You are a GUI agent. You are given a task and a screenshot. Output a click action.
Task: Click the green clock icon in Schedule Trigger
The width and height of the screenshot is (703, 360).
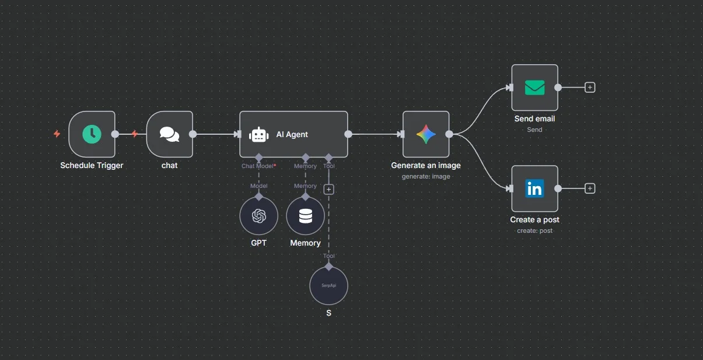tap(92, 134)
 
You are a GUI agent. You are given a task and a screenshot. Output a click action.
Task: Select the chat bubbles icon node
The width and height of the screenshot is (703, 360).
tap(169, 134)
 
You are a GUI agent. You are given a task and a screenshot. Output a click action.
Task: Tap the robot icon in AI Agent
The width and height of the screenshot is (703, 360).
tap(258, 135)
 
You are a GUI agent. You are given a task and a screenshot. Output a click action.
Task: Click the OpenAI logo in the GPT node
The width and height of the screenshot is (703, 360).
tap(258, 216)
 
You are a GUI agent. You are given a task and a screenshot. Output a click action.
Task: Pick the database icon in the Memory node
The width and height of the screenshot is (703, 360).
tap(305, 216)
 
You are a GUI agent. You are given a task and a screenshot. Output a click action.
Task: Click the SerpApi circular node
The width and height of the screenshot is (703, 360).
tap(328, 286)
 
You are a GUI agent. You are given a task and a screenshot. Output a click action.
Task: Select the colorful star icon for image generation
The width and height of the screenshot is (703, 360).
tap(426, 134)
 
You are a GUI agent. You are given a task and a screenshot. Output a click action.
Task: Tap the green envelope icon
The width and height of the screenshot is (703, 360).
tap(534, 88)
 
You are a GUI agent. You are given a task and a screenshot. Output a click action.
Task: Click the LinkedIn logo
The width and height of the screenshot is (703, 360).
tap(534, 188)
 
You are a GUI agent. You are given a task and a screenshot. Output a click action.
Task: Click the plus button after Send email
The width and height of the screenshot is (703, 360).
tap(590, 88)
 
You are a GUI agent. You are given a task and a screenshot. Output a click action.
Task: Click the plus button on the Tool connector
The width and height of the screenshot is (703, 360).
tap(328, 189)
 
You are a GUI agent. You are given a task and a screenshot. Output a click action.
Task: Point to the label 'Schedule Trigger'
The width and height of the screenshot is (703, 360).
tap(92, 166)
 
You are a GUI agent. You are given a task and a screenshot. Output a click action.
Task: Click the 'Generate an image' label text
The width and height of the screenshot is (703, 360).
tap(426, 166)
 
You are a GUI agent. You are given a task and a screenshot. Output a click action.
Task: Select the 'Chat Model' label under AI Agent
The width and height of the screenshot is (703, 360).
tap(257, 166)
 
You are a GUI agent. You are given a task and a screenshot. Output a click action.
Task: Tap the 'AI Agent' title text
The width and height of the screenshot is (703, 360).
tap(292, 135)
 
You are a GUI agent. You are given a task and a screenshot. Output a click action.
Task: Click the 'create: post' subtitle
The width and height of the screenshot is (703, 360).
tap(534, 231)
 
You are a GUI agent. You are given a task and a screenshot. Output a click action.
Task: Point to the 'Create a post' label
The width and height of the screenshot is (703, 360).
tap(534, 220)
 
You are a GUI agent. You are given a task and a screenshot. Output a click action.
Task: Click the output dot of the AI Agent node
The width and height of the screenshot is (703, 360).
tap(348, 134)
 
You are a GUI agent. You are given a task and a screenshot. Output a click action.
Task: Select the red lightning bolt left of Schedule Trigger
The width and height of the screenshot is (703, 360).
tap(57, 134)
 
